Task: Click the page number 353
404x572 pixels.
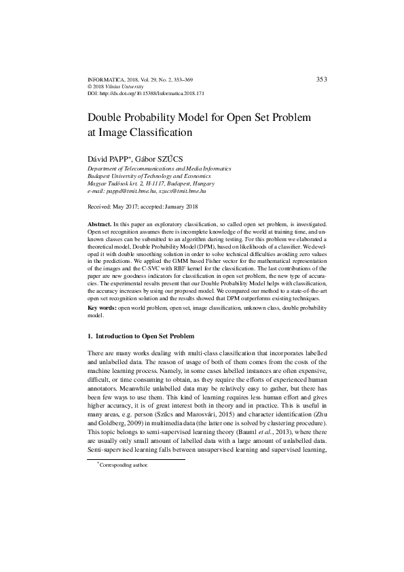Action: pyautogui.click(x=322, y=79)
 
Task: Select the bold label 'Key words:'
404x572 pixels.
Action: pyautogui.click(x=103, y=308)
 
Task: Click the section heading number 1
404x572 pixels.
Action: pyautogui.click(x=90, y=336)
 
